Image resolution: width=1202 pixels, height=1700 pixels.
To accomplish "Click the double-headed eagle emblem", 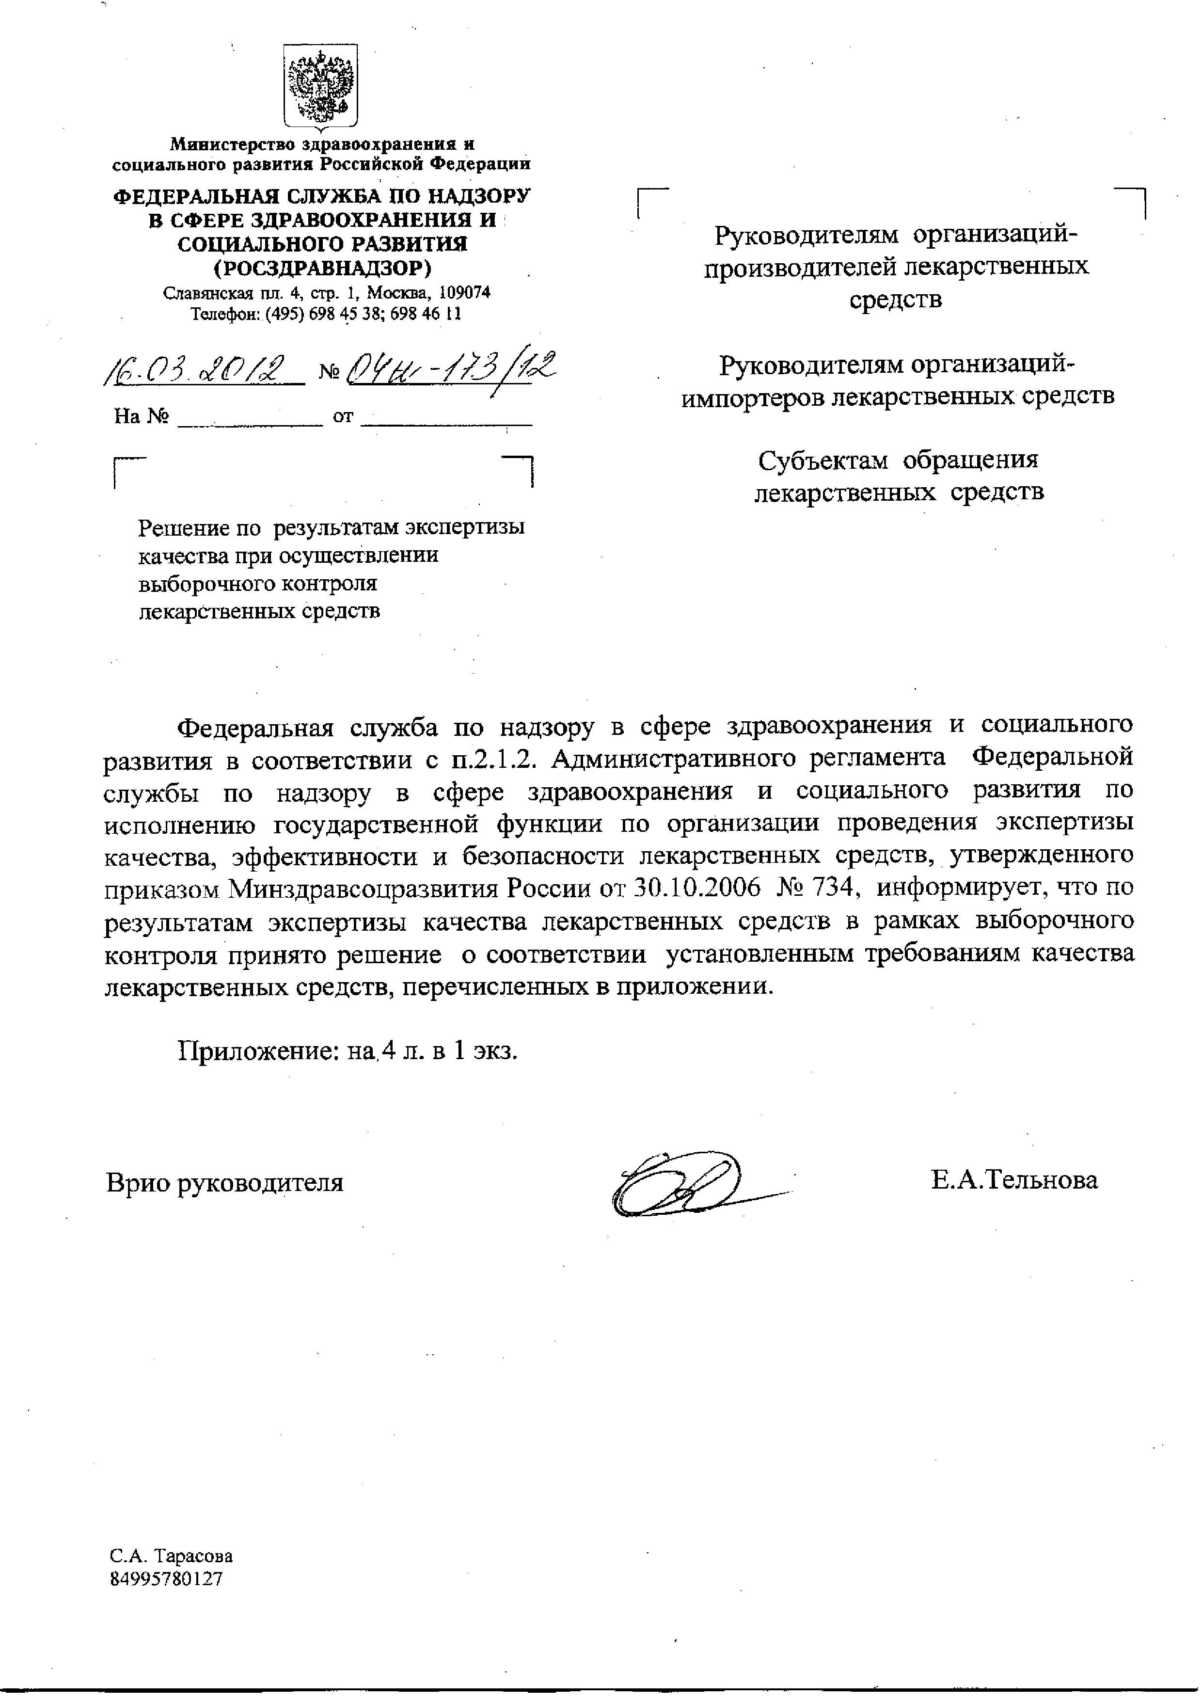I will (x=321, y=85).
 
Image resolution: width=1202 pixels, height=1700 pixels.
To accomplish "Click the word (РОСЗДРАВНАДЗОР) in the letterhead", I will (x=322, y=266).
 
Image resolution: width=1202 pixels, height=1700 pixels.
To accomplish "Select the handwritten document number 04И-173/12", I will (x=452, y=366).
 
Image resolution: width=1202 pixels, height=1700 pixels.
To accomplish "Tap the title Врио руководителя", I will (x=224, y=1182).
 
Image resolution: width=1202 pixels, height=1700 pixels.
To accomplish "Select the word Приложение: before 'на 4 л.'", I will (x=258, y=1050).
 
